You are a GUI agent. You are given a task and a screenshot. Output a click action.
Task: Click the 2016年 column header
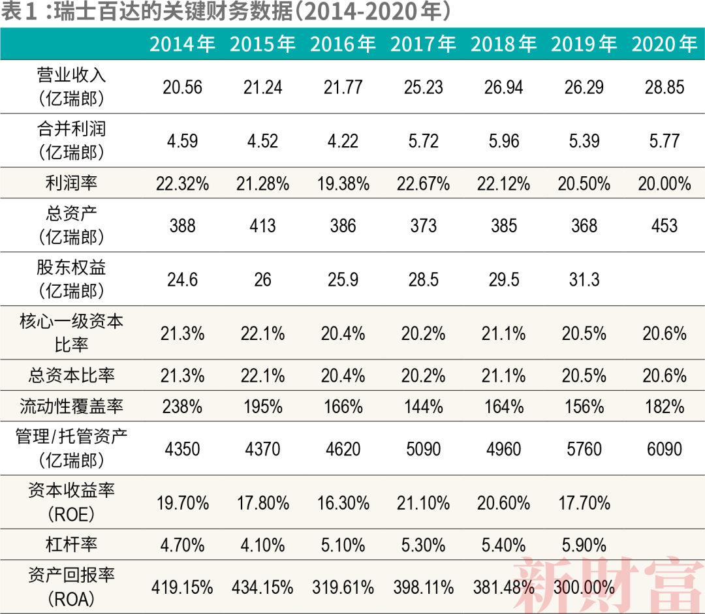tap(343, 44)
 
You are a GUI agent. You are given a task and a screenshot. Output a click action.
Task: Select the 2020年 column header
tap(665, 44)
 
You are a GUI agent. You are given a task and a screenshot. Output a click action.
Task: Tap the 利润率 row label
tap(71, 183)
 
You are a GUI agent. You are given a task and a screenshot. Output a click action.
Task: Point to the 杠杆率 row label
tap(71, 544)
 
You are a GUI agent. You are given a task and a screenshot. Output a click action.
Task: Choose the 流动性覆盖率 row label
tap(71, 407)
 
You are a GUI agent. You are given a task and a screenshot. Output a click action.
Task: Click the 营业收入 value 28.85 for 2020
tap(665, 87)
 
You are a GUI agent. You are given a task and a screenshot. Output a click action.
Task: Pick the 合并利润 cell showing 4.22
tap(343, 141)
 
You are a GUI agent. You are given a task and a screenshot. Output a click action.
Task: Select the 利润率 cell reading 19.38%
tap(343, 184)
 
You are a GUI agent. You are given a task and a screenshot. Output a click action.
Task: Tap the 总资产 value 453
tap(665, 226)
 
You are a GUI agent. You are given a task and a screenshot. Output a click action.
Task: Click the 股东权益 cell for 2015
tap(262, 280)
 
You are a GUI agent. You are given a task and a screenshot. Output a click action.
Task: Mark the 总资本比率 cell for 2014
tap(182, 376)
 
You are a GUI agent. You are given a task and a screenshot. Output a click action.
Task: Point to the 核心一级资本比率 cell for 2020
tap(665, 333)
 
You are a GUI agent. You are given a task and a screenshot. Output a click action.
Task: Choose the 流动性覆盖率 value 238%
tap(182, 407)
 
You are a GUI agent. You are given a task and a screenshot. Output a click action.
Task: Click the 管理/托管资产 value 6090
tap(665, 449)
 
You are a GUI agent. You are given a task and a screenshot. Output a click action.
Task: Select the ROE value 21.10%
tap(423, 503)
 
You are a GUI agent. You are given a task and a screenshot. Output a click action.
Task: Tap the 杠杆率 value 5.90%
tap(584, 545)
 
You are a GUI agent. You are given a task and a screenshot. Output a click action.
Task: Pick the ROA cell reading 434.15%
tap(262, 587)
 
